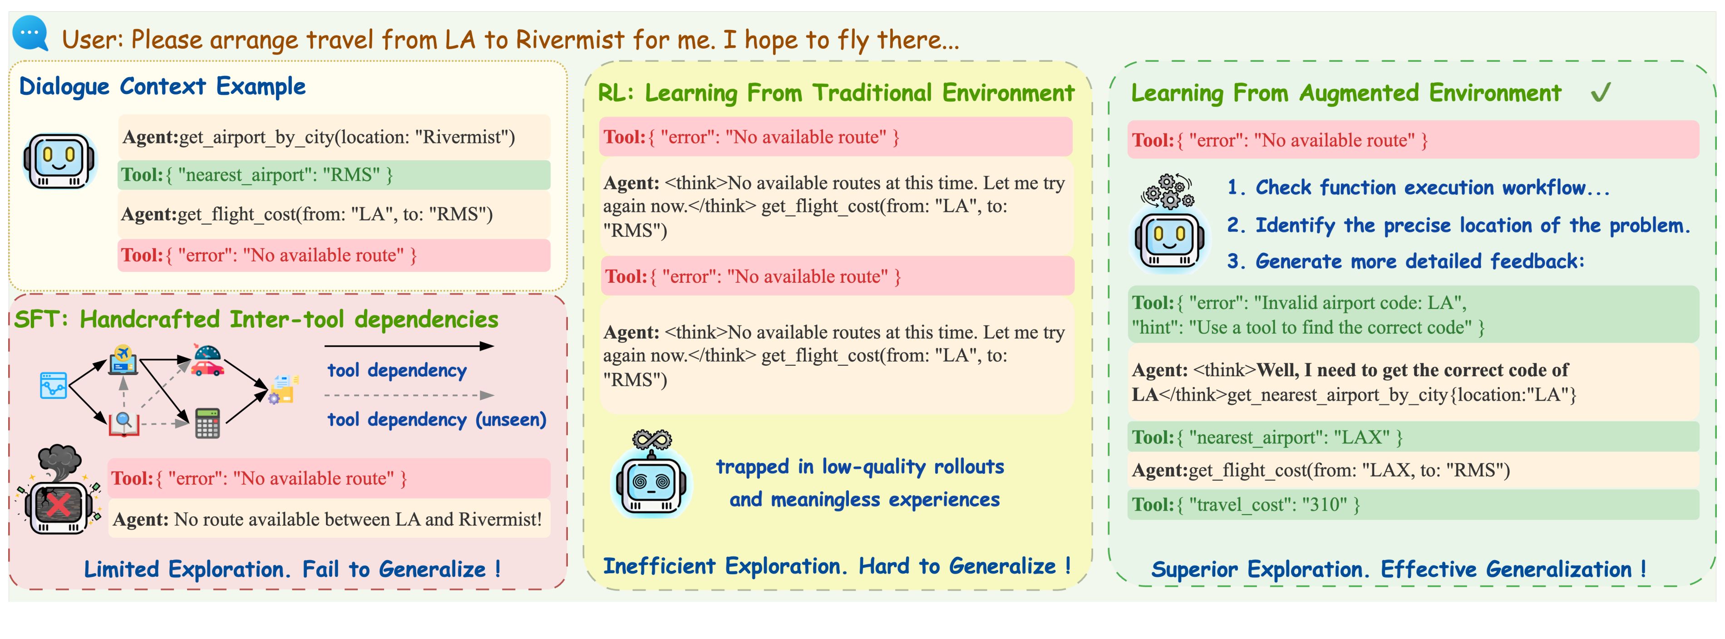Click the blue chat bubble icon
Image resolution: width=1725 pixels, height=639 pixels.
(31, 34)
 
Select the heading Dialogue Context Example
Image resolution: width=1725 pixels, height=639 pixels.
(163, 87)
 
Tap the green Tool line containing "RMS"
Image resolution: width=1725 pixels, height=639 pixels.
(334, 175)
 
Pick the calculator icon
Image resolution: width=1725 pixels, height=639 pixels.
(207, 423)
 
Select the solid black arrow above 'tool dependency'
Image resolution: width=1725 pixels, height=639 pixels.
(409, 346)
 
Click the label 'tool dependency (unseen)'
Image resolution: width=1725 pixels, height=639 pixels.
(437, 420)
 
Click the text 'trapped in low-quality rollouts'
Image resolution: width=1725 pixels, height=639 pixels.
(860, 467)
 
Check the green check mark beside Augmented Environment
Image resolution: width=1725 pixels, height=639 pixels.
(1601, 93)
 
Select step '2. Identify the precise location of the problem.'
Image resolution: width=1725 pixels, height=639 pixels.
(1459, 226)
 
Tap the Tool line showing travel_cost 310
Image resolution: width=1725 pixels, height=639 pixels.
(1414, 504)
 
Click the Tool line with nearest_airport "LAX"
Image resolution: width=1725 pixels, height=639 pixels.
(1414, 437)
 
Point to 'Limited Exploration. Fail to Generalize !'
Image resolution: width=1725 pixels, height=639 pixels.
(292, 570)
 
